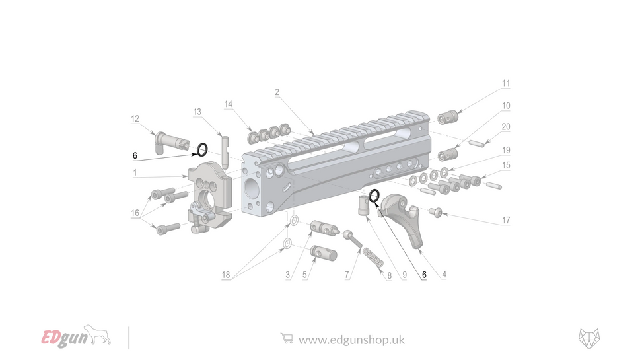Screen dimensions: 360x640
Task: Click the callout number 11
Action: pos(505,84)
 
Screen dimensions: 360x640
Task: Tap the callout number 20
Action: pos(505,127)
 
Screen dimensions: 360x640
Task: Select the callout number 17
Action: pos(505,220)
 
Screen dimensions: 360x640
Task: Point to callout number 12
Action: pos(135,119)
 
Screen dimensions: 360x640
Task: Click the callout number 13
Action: pos(197,112)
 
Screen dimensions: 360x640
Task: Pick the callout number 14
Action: pos(229,104)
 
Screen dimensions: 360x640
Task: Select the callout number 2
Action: pos(277,92)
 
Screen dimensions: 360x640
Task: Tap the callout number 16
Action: pos(135,213)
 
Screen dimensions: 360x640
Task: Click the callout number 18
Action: pos(227,274)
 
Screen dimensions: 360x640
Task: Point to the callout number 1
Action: pos(135,173)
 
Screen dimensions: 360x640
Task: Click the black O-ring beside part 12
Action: pos(202,149)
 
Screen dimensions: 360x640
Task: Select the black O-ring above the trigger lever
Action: pos(374,195)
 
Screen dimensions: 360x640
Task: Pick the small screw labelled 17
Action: pos(436,211)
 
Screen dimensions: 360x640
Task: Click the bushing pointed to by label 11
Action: pos(448,118)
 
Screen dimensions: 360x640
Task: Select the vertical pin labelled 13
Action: pos(225,151)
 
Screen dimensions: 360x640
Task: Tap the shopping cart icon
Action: pos(286,338)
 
